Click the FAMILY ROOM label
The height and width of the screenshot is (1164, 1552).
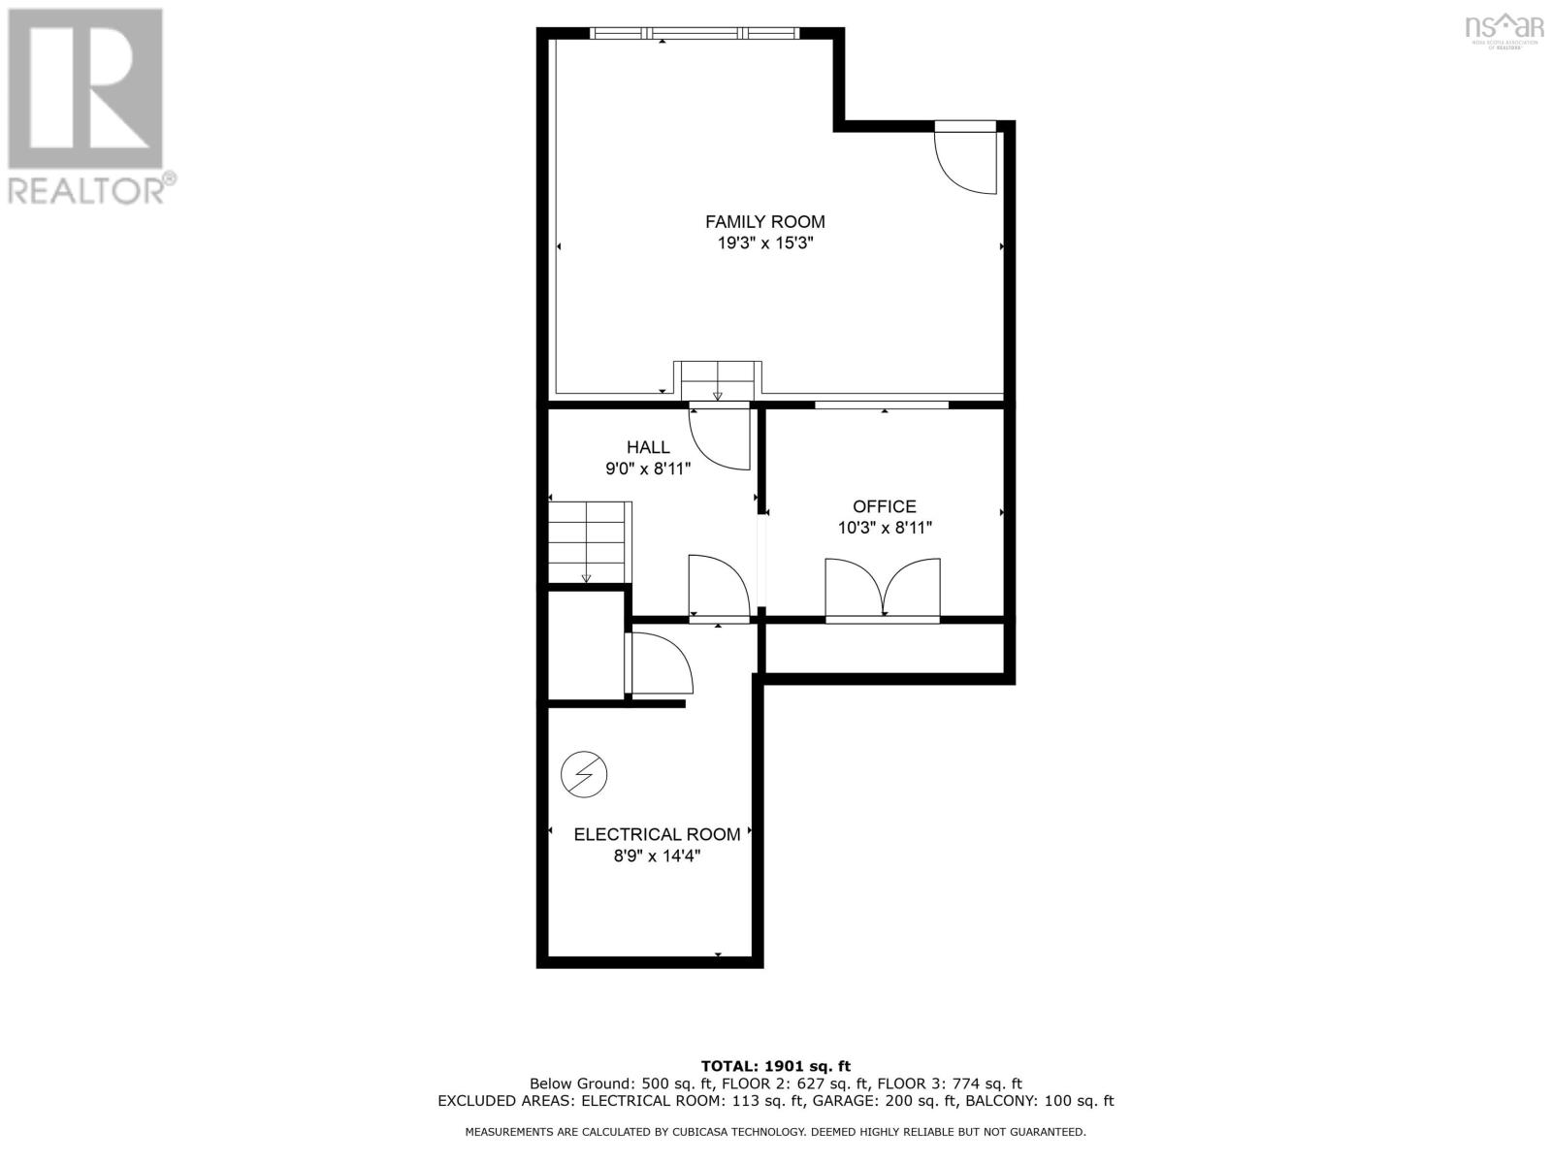(764, 221)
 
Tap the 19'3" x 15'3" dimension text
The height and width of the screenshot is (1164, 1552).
(764, 243)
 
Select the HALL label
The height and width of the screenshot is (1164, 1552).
(648, 447)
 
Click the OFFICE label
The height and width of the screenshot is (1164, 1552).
(884, 506)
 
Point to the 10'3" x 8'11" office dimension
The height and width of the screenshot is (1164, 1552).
(884, 529)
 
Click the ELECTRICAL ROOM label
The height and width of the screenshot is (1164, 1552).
(657, 834)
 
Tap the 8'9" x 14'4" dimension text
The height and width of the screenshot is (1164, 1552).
(657, 857)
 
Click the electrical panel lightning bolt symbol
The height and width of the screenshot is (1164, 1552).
(584, 775)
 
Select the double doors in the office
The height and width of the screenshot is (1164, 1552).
(882, 590)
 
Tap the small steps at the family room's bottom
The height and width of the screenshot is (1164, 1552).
(718, 379)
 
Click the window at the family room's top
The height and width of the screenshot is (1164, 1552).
(695, 34)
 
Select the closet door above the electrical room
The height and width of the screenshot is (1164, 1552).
(660, 663)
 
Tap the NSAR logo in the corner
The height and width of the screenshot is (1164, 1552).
(1503, 27)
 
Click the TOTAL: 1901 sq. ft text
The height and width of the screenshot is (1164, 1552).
(775, 1066)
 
